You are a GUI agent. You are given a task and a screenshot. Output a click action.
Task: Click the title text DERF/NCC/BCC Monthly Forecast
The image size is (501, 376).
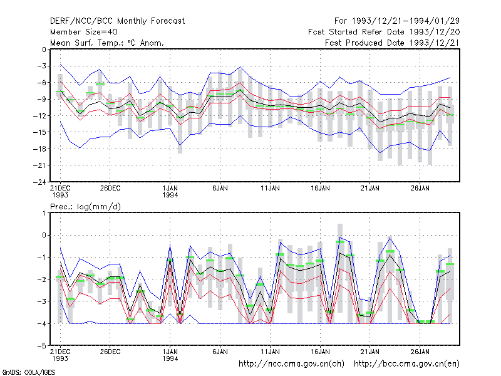(117, 21)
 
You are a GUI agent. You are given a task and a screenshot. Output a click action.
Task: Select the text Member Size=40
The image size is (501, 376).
(84, 32)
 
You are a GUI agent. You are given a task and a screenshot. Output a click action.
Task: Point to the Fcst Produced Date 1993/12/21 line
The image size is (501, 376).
(392, 43)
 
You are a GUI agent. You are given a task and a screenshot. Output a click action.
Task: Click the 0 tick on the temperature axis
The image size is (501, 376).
(44, 50)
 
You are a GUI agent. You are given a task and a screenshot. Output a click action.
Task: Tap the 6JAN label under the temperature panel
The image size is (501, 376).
(220, 189)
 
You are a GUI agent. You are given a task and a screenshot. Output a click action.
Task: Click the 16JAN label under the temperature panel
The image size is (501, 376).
(320, 189)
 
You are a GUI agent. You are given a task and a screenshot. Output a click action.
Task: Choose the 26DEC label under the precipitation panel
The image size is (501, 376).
(110, 352)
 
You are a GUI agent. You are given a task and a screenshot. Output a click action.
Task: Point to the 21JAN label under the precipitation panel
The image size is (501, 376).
(370, 352)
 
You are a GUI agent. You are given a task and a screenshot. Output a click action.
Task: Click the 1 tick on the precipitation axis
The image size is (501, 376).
(44, 213)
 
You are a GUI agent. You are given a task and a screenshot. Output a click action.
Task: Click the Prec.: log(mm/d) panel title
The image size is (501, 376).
(85, 207)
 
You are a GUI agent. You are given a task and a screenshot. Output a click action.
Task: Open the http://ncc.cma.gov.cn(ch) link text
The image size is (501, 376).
(291, 364)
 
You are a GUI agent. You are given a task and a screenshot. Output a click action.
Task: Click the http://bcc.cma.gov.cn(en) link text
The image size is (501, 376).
(406, 364)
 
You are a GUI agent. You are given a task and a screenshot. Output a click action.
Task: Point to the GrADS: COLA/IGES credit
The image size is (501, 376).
(29, 372)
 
